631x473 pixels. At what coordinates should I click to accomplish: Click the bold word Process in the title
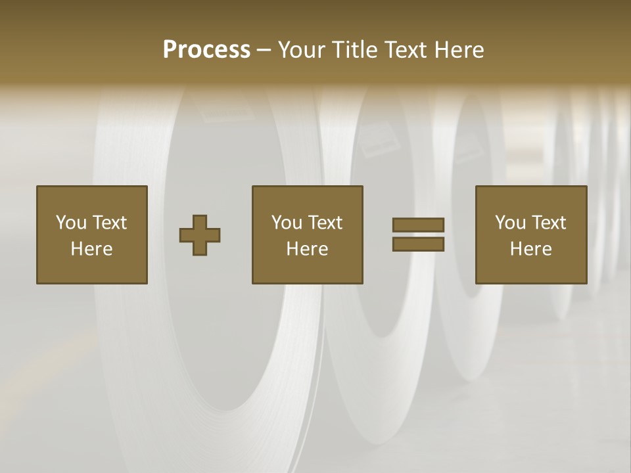[x=206, y=50]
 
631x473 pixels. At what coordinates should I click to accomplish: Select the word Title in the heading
[x=356, y=50]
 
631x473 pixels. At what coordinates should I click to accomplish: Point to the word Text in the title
[x=406, y=50]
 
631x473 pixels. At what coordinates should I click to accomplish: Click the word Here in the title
[x=459, y=50]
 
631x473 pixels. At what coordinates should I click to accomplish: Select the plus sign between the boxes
[x=200, y=235]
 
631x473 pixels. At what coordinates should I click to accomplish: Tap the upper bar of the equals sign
[x=418, y=225]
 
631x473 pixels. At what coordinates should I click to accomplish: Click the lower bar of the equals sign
[x=418, y=244]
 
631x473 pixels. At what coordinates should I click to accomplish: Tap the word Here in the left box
[x=92, y=249]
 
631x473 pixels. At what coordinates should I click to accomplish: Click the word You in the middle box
[x=287, y=223]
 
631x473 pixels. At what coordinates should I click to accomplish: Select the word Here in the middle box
[x=308, y=249]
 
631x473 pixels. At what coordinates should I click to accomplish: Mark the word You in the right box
[x=510, y=223]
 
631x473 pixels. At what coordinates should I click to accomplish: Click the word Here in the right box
[x=531, y=249]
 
